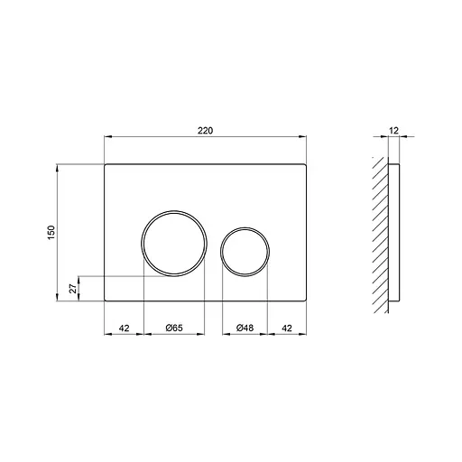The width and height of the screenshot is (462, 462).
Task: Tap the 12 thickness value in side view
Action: pyautogui.click(x=394, y=130)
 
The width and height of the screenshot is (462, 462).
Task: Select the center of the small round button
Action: pyautogui.click(x=245, y=250)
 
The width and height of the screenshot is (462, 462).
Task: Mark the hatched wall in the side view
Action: pyautogui.click(x=379, y=235)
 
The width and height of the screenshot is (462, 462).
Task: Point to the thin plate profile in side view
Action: pyautogui.click(x=393, y=235)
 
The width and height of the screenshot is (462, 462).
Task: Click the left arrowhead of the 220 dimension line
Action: pyautogui.click(x=108, y=138)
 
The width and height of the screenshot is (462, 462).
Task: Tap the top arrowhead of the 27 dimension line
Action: pyautogui.click(x=81, y=279)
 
